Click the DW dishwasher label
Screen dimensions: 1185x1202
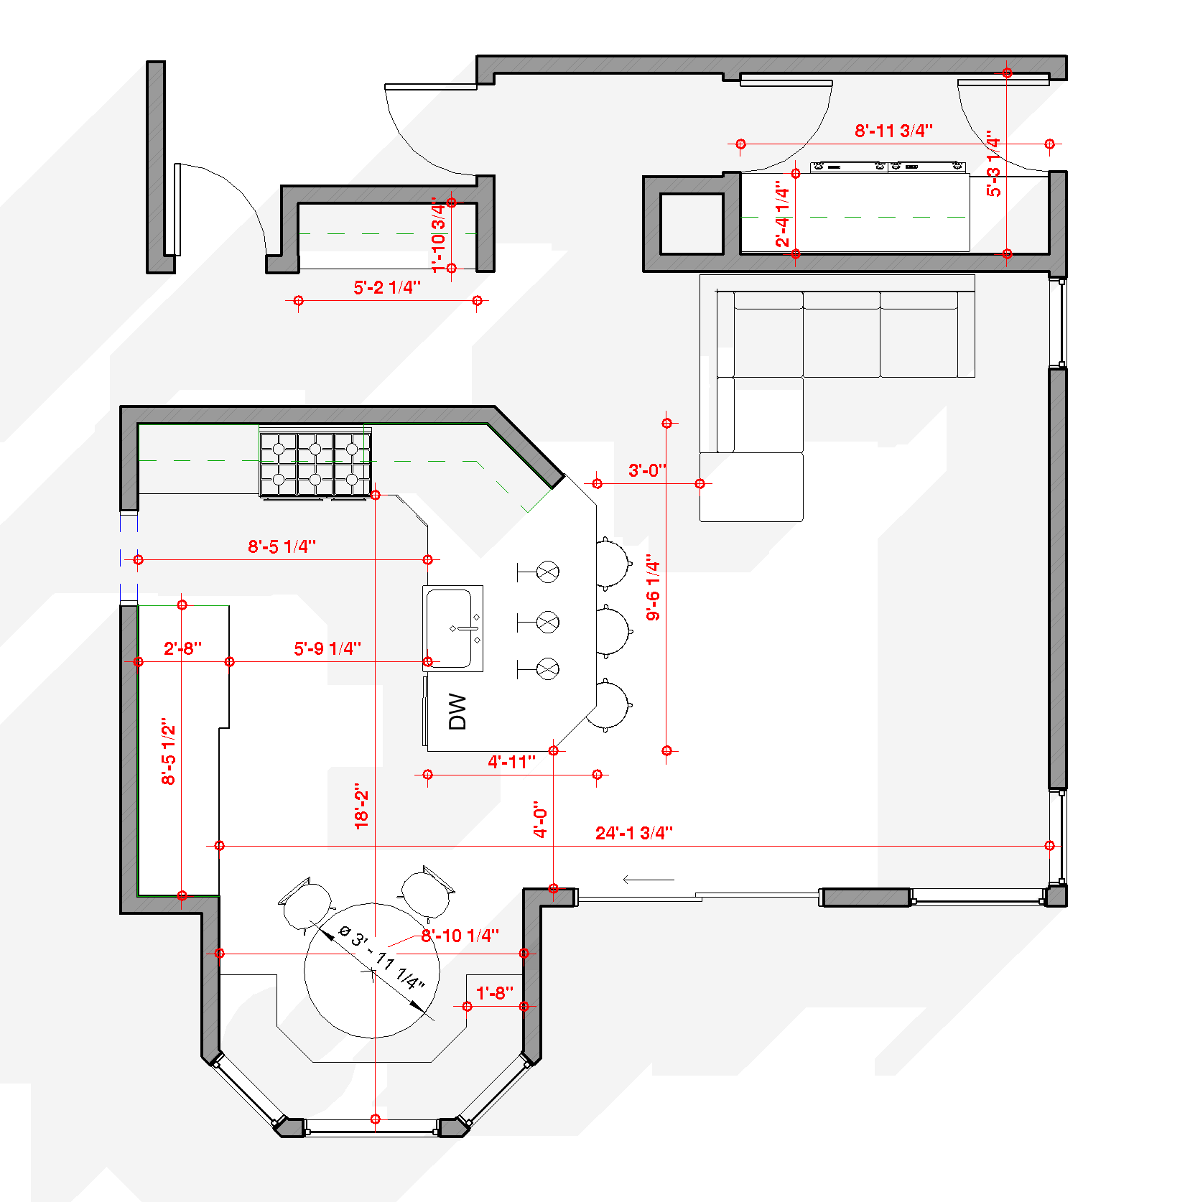point(457,712)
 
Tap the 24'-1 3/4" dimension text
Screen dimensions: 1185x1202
point(634,833)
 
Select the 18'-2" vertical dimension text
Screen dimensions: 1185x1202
point(362,806)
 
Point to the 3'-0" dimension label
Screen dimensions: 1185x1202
point(648,470)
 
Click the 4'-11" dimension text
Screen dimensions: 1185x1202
point(512,762)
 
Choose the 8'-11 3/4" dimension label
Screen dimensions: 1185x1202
point(894,131)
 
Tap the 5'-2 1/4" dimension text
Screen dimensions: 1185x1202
point(387,287)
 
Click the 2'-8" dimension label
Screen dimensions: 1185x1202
point(182,648)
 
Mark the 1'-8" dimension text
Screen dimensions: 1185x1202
point(495,993)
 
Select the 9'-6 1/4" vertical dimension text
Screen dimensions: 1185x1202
point(653,587)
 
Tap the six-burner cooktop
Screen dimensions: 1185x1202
point(315,463)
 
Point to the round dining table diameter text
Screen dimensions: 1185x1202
point(381,958)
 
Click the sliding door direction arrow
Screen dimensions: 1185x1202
point(649,880)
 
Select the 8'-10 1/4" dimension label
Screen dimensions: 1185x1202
point(460,936)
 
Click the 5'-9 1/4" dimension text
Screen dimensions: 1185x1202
point(327,648)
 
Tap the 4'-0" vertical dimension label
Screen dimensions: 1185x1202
point(541,819)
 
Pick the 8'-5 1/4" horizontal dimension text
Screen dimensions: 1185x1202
point(282,546)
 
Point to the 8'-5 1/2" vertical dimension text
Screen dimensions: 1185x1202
point(169,751)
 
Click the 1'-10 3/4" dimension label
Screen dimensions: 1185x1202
point(438,235)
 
